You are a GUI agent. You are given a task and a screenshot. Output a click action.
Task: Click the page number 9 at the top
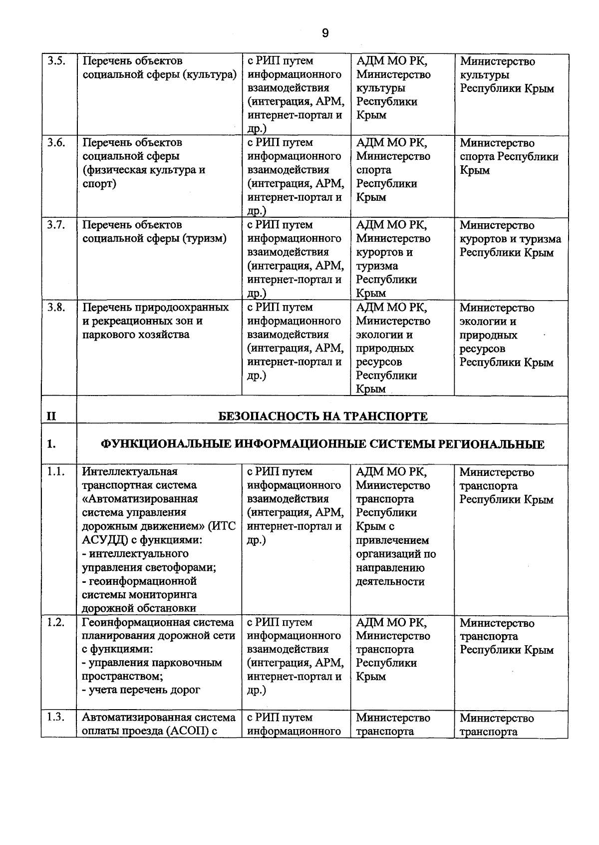pos(325,33)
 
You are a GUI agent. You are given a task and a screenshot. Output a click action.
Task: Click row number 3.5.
pos(57,61)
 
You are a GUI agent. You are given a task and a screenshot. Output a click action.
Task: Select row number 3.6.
pos(57,143)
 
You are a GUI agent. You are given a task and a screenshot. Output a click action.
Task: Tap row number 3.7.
pos(57,225)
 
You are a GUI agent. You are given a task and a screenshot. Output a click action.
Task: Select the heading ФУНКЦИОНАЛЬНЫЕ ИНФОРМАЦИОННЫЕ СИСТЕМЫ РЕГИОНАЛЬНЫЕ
pos(323,444)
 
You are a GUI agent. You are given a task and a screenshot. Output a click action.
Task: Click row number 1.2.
pos(56,623)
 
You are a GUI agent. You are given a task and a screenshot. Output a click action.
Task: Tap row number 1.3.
pos(56,718)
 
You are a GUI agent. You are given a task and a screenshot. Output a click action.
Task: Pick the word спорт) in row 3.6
pos(99,184)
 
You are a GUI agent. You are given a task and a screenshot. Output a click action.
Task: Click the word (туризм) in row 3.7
pos(205,239)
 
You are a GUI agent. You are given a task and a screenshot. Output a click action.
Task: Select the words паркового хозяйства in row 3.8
pos(136,335)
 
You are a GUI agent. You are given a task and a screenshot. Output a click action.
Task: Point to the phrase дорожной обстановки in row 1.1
pos(139,608)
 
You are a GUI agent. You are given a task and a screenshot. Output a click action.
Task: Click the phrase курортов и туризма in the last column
pos(510,239)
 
